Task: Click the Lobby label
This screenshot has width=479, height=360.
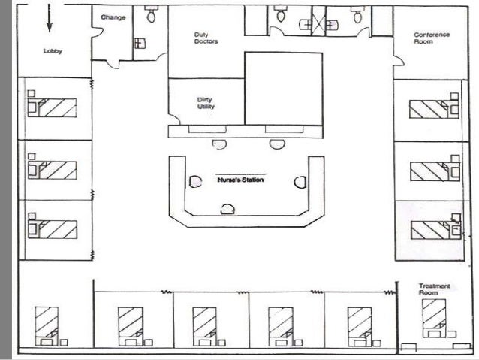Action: pos(53,51)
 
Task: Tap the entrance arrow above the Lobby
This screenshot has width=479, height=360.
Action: pos(49,18)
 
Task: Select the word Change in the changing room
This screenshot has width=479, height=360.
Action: pos(113,17)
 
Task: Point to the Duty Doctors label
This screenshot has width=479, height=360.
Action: pos(206,38)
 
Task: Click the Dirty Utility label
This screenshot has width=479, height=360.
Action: pos(206,103)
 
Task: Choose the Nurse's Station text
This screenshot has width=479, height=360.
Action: pos(240,180)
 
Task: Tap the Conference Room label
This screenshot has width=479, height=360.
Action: pos(432,38)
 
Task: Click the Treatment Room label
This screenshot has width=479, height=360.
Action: pos(434,289)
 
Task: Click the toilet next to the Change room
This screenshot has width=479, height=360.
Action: pos(151,14)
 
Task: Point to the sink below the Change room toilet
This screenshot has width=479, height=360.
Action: pos(140,44)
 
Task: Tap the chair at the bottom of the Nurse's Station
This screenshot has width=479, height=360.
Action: pos(227,209)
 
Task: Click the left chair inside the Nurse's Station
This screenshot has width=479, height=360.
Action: pos(195,182)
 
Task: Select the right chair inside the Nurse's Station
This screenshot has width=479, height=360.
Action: pos(300,182)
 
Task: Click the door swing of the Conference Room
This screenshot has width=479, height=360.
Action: pos(399,61)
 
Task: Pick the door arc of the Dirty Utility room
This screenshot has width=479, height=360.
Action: pos(174,119)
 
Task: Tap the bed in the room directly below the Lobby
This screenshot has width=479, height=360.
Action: pos(52,107)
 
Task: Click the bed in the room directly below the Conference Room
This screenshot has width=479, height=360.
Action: pos(434,109)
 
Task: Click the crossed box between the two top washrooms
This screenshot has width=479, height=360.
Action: pos(318,21)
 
